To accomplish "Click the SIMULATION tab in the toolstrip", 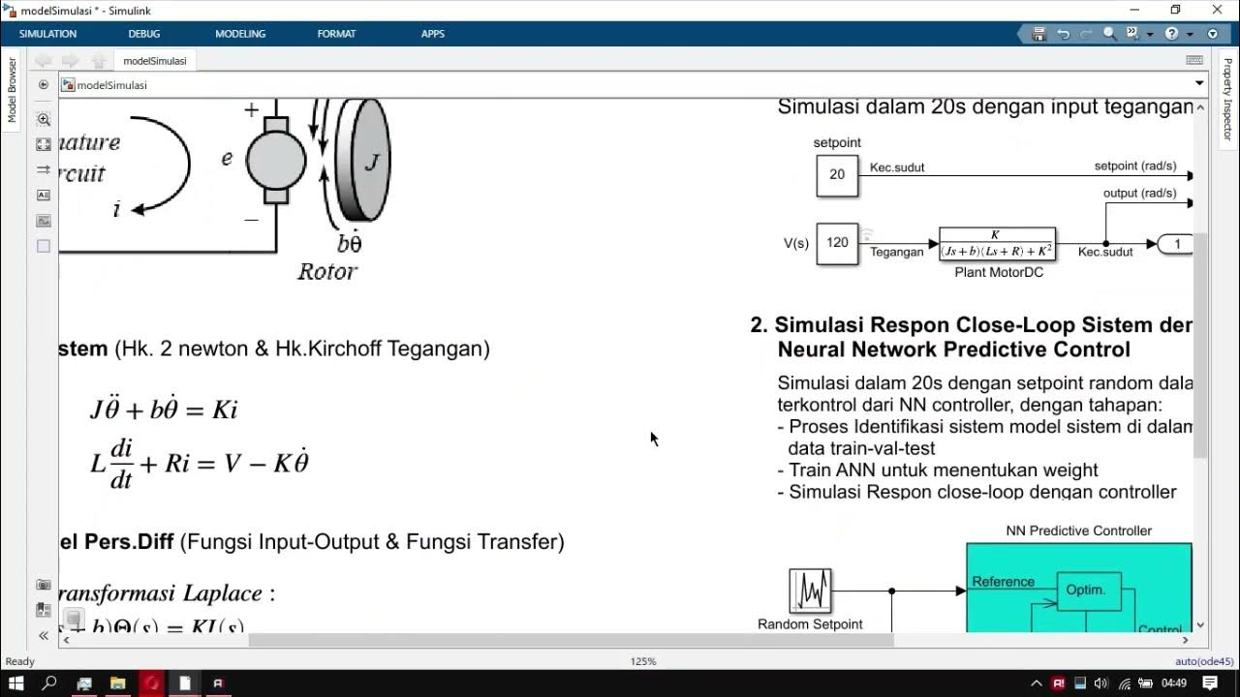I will click(x=47, y=34).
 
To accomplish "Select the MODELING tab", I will click(x=240, y=34).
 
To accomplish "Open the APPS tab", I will click(x=433, y=34).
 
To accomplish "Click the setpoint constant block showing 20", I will click(x=837, y=175).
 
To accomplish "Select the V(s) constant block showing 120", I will click(x=837, y=243).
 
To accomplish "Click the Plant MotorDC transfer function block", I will click(x=997, y=244).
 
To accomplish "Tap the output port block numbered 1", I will click(x=1175, y=244).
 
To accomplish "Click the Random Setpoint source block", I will click(x=810, y=591).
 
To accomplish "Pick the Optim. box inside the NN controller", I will click(x=1088, y=591).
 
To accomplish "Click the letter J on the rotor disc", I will click(x=372, y=163).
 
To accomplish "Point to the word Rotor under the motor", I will click(x=326, y=272).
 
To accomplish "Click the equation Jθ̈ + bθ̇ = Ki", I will click(x=164, y=409).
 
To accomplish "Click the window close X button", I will click(x=1217, y=10).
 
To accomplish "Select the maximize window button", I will click(x=1175, y=10).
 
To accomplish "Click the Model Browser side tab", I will click(x=13, y=90).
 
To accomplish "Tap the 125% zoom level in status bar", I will click(x=643, y=662).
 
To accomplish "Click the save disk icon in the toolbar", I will click(x=1038, y=34).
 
